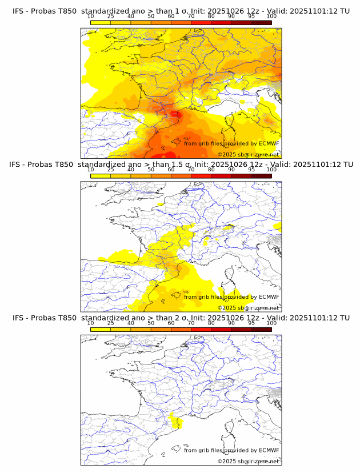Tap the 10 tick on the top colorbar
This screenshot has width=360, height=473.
[x=91, y=16]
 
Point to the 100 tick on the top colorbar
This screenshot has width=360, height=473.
[x=271, y=16]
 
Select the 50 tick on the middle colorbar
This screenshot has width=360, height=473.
[x=151, y=170]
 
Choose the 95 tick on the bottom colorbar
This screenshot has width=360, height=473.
[x=251, y=323]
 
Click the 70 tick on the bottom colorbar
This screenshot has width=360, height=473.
[x=191, y=323]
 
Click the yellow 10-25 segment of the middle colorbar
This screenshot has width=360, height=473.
[x=101, y=176]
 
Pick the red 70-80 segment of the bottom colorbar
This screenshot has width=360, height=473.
[x=201, y=329]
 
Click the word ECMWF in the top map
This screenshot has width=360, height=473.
[x=269, y=143]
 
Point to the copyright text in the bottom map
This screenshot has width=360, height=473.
[x=248, y=461]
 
